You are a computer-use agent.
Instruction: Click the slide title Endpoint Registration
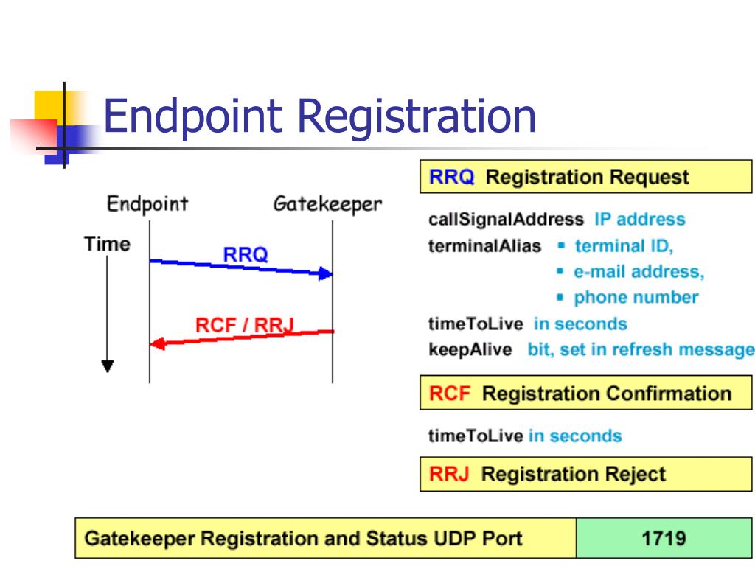(319, 116)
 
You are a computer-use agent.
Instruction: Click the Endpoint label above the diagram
(147, 203)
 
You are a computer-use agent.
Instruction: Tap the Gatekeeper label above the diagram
(327, 203)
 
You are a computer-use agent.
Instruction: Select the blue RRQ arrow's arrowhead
(326, 274)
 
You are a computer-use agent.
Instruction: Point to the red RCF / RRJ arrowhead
(156, 343)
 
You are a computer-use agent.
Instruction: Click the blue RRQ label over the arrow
(246, 255)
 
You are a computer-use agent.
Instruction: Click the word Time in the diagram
(107, 244)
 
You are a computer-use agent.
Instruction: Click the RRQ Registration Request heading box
(585, 177)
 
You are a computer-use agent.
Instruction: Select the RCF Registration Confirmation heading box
(585, 394)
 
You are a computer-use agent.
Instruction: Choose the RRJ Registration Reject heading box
(585, 474)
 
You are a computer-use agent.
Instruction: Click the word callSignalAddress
(506, 220)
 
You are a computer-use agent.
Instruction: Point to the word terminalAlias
(484, 246)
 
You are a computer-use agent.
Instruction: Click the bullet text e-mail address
(639, 272)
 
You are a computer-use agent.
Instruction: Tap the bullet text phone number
(636, 298)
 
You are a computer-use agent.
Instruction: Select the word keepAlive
(470, 349)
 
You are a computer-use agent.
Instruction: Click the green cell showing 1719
(664, 538)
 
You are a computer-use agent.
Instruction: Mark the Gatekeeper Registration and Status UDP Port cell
(325, 538)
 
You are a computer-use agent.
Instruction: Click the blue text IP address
(639, 220)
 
